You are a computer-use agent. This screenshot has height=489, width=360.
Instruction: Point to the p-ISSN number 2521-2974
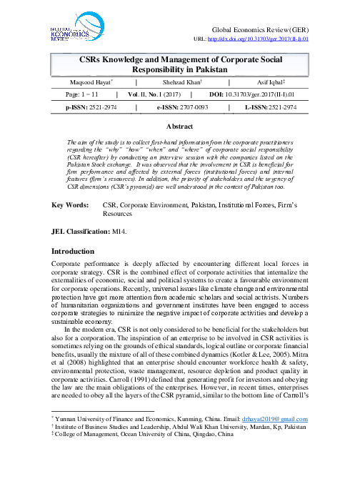[95, 107]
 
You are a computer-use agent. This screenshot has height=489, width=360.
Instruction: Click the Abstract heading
[180, 126]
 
